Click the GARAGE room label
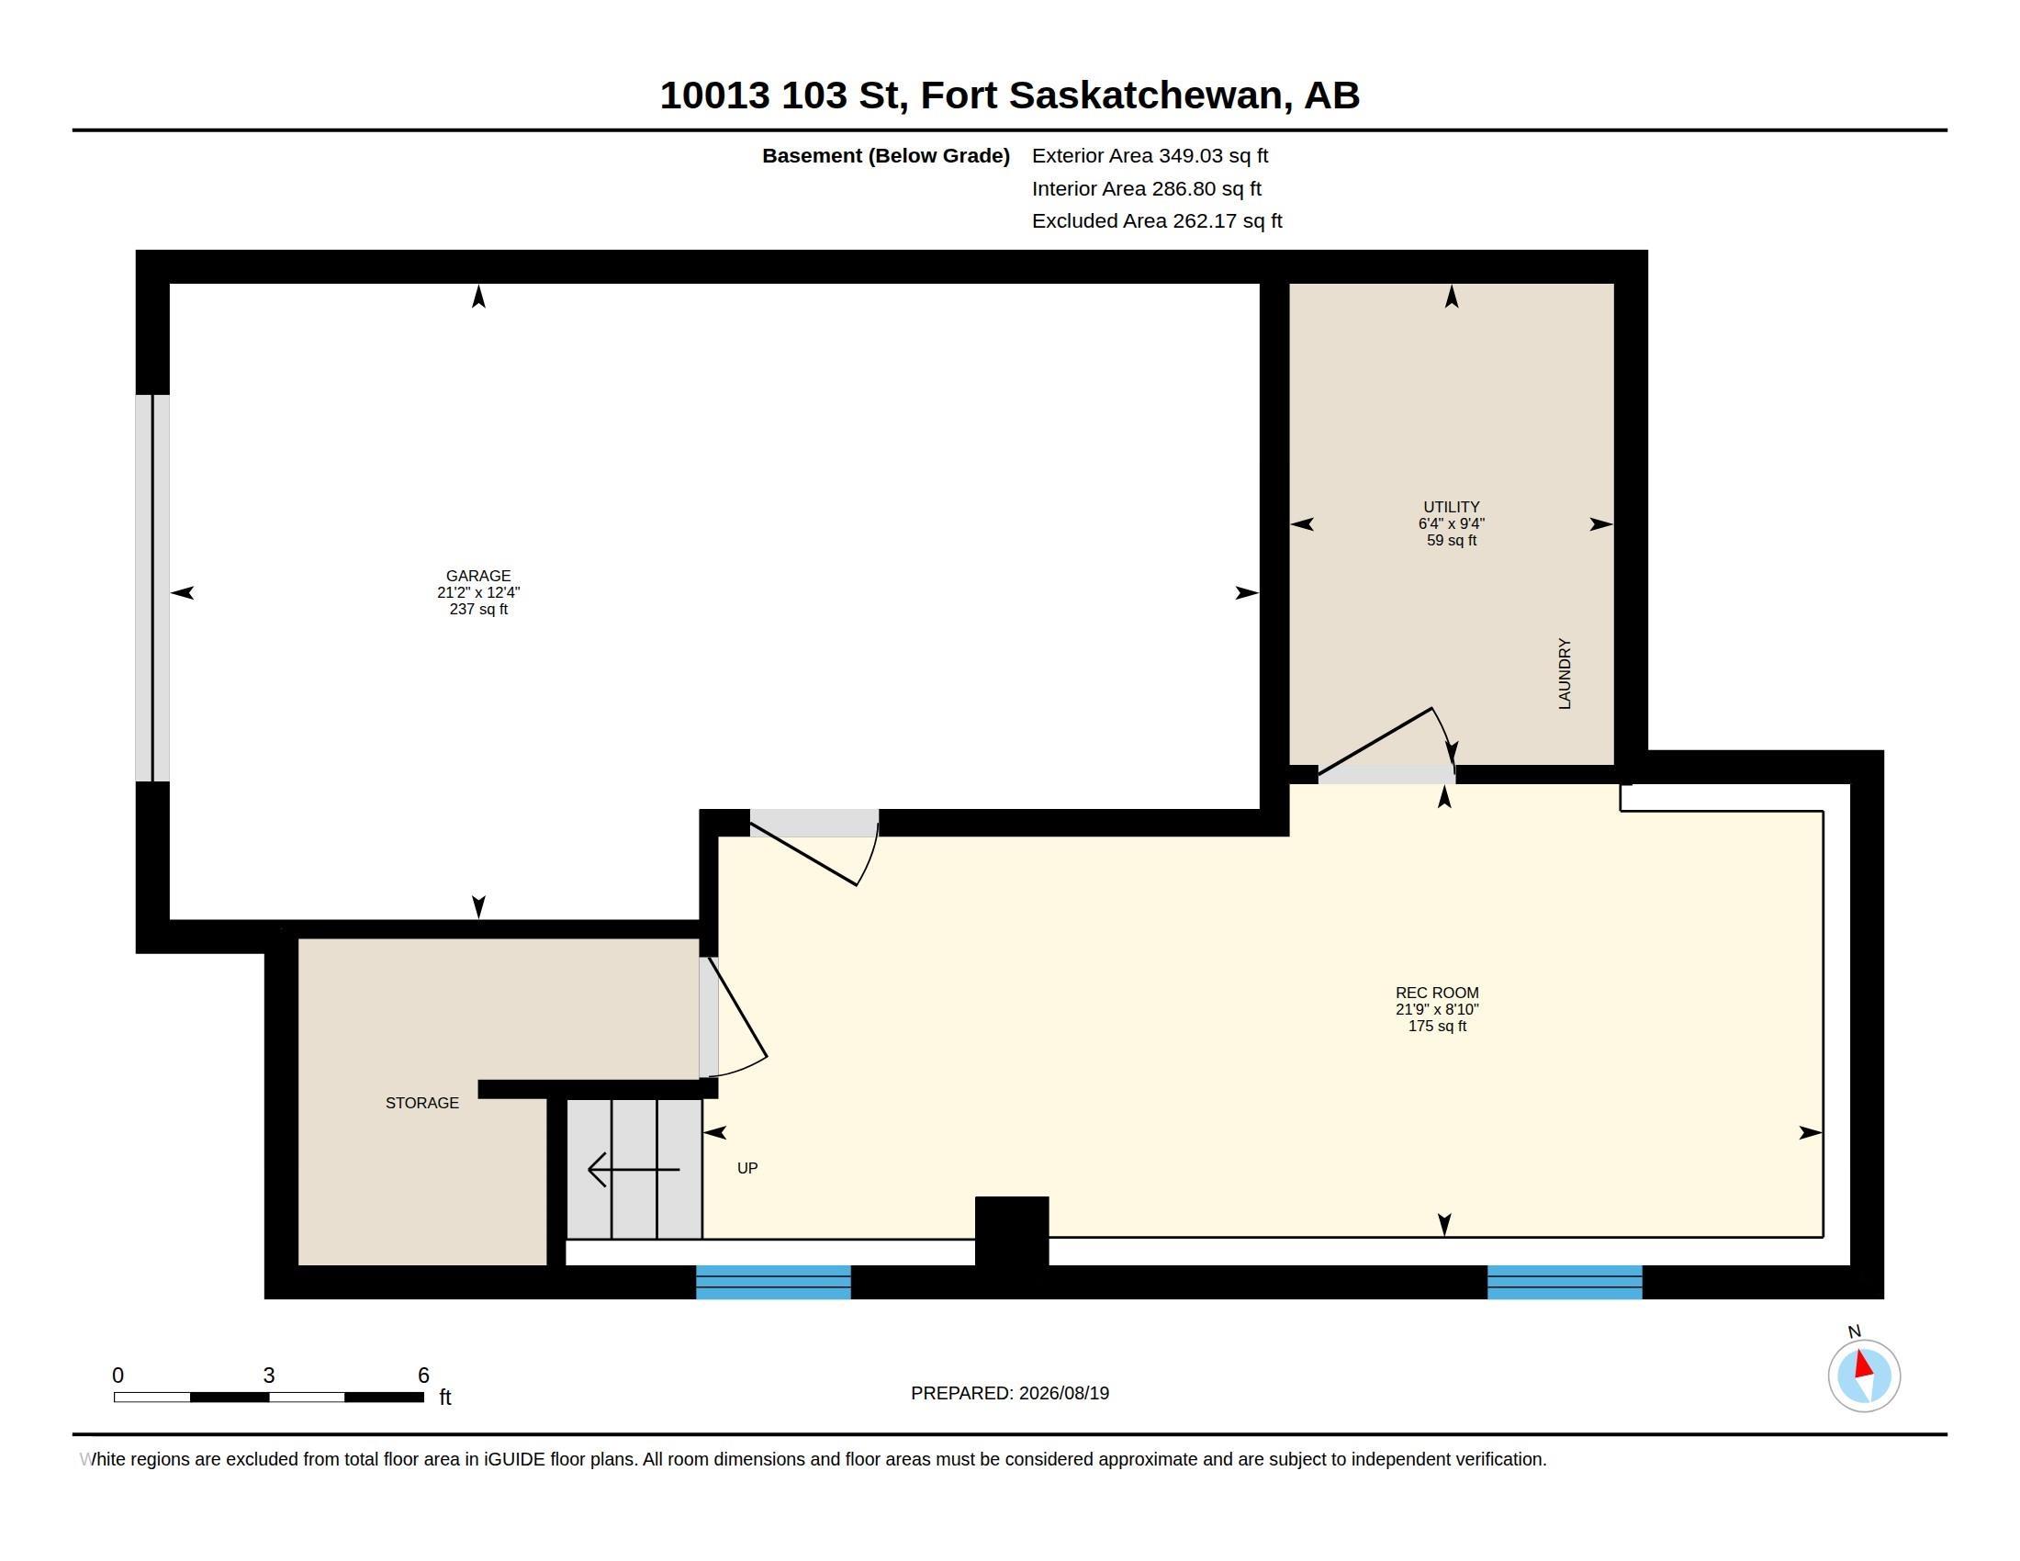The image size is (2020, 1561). point(478,575)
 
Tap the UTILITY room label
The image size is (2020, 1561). point(1451,507)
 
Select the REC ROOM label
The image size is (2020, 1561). point(1437,993)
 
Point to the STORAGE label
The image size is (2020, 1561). point(421,1102)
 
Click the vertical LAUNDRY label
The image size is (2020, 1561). point(1564,673)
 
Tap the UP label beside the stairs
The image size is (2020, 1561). point(747,1168)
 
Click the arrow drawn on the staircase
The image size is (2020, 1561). point(634,1170)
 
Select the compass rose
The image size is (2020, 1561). point(1864,1376)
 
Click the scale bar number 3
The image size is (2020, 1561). point(268,1376)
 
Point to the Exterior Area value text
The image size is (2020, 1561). point(1150,155)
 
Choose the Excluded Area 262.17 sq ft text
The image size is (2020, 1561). point(1157,221)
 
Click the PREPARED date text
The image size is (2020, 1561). point(1010,1393)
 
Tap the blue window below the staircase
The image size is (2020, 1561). point(773,1282)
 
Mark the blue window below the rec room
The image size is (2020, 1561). point(1565,1282)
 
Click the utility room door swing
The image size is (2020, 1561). point(1387,746)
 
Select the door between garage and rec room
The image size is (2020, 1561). point(814,847)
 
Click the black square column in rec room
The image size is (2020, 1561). point(1012,1230)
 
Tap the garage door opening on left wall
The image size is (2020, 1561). point(152,589)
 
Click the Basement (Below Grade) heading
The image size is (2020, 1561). point(885,155)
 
